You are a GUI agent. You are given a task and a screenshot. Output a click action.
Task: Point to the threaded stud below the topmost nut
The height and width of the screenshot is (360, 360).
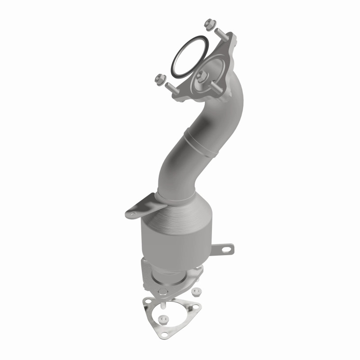pyautogui.click(x=222, y=35)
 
